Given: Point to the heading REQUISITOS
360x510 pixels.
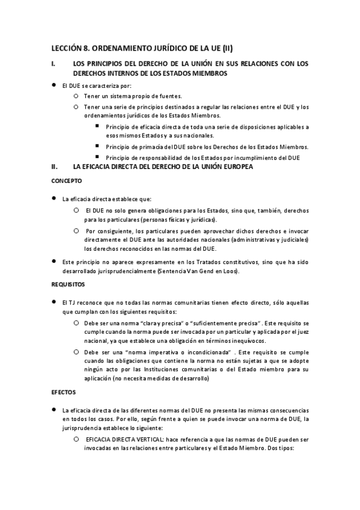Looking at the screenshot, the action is [68, 283].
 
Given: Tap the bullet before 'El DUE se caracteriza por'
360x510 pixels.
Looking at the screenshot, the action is [54, 85].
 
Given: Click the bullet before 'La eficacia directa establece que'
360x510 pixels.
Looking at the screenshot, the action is [54, 198].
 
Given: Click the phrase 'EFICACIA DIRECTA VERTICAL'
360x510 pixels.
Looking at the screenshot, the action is [117, 440].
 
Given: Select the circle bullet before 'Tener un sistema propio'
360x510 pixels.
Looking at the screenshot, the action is [75, 96].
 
